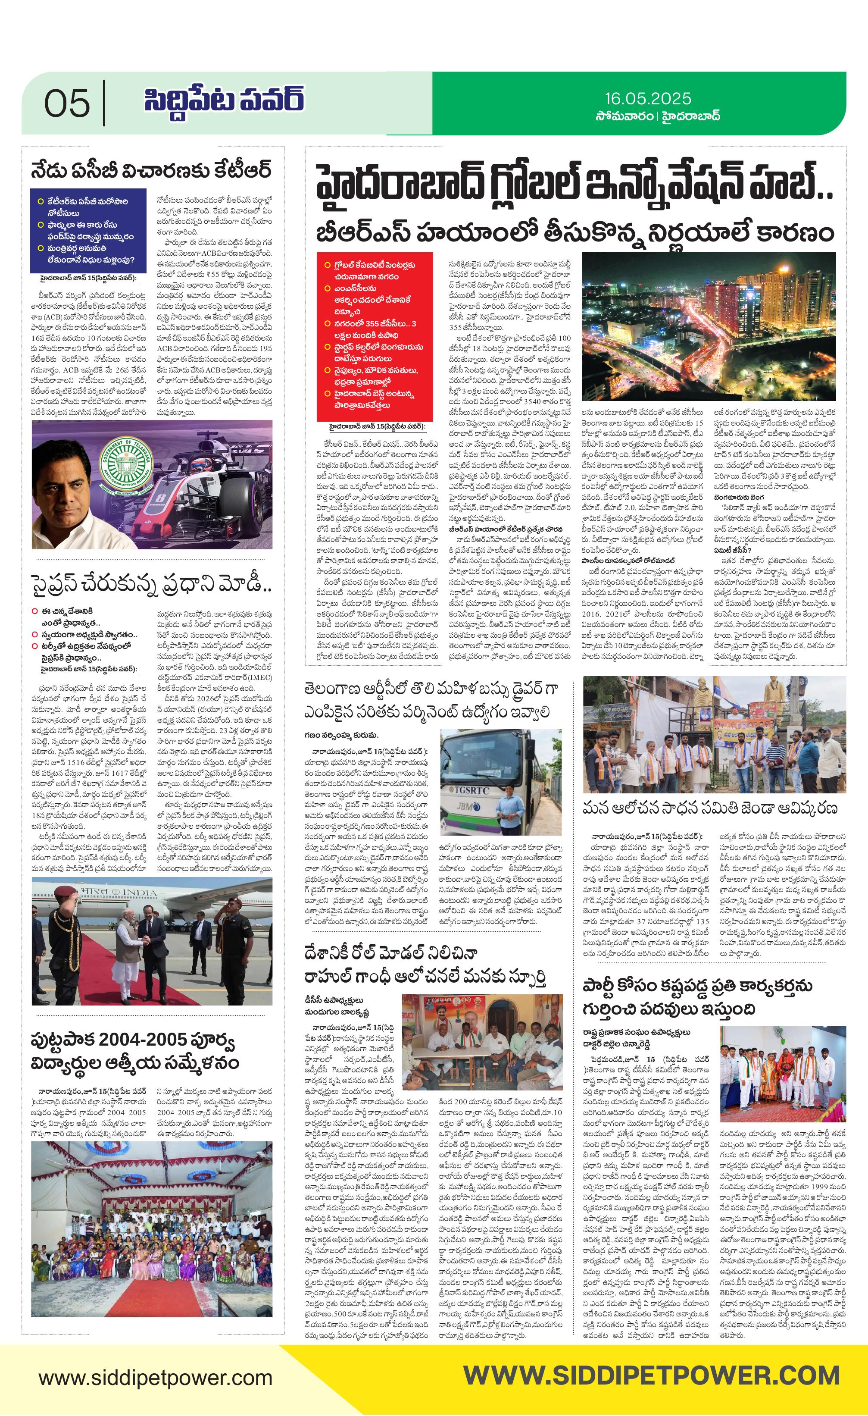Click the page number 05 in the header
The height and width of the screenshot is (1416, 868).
(67, 103)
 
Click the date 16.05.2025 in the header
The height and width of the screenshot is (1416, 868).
(647, 98)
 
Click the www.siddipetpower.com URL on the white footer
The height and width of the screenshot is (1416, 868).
(155, 1378)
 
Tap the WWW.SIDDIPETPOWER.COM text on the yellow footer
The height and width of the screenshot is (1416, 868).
(651, 1375)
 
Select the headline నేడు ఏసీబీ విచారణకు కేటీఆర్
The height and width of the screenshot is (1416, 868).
(150, 171)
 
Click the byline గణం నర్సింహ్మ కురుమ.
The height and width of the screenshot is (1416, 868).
(341, 735)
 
